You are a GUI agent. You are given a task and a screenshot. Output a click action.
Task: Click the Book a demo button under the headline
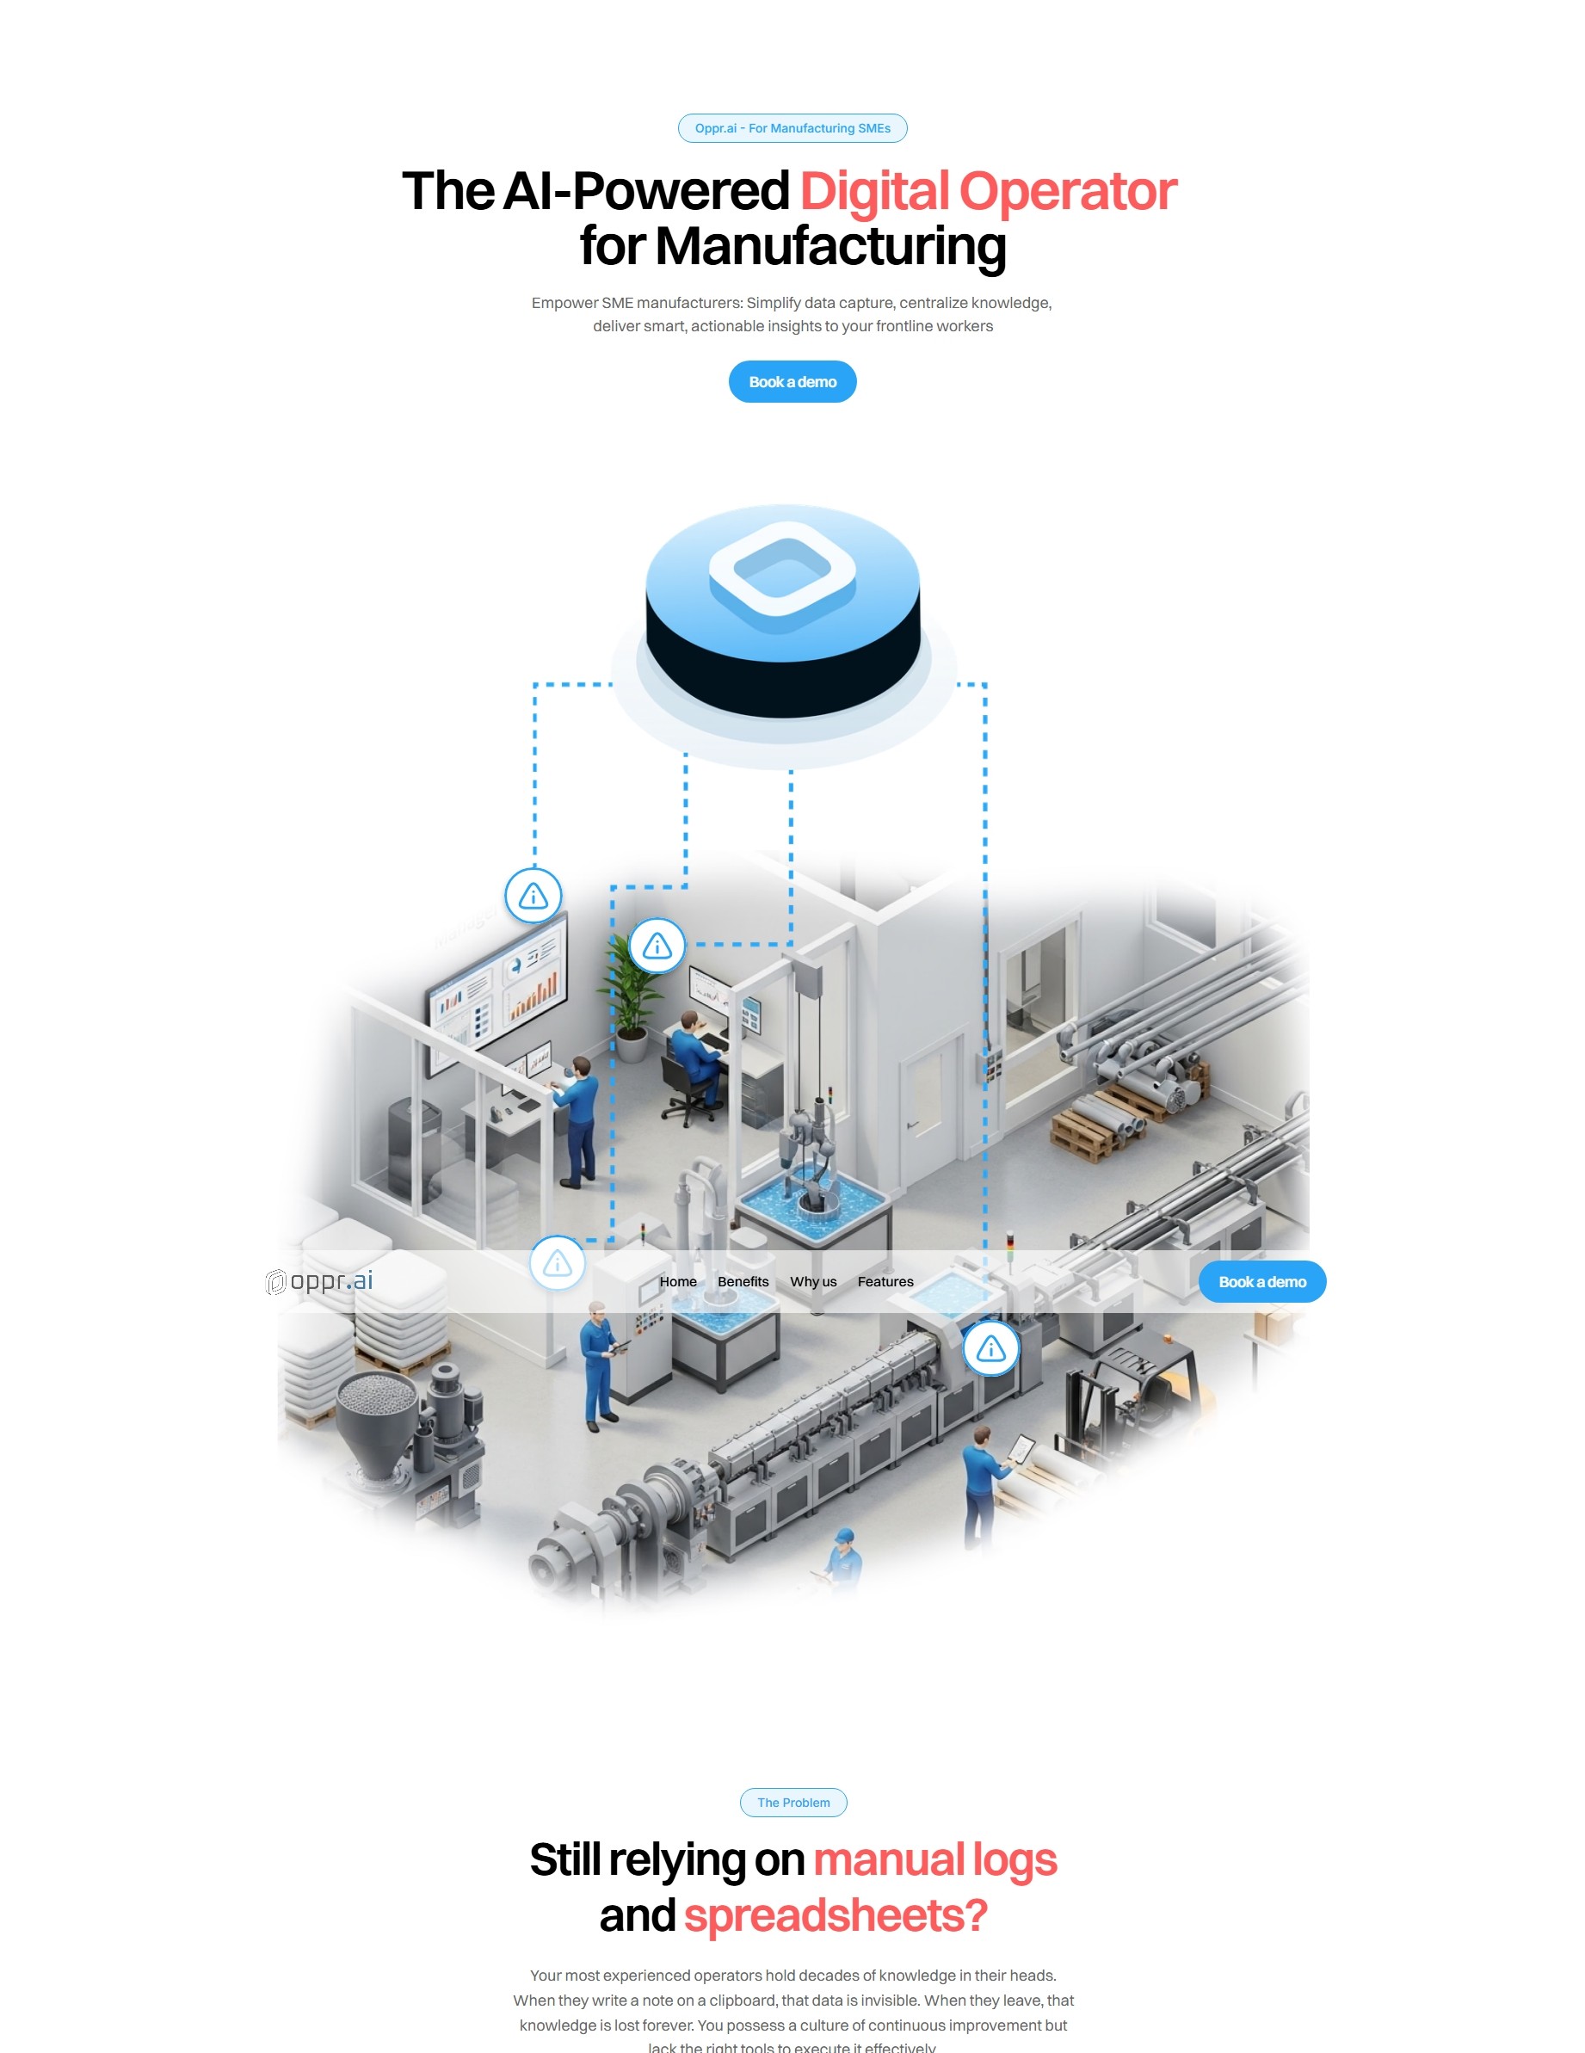[792, 382]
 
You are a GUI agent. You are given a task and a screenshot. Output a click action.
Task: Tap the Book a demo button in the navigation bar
[1261, 1281]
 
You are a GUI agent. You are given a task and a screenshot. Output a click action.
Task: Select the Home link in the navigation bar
[678, 1281]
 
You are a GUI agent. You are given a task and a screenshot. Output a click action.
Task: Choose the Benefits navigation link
[743, 1281]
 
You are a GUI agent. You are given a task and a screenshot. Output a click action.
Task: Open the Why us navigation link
[812, 1281]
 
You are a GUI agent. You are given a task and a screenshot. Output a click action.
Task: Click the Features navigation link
[885, 1281]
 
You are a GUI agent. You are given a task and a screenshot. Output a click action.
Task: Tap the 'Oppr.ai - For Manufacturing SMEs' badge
[792, 128]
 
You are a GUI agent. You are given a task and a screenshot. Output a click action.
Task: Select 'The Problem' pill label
[792, 1802]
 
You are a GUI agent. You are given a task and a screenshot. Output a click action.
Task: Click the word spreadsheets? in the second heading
[835, 1915]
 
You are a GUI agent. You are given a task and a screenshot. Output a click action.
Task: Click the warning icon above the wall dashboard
[533, 896]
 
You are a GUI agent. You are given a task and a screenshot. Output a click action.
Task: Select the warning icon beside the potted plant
[657, 946]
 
